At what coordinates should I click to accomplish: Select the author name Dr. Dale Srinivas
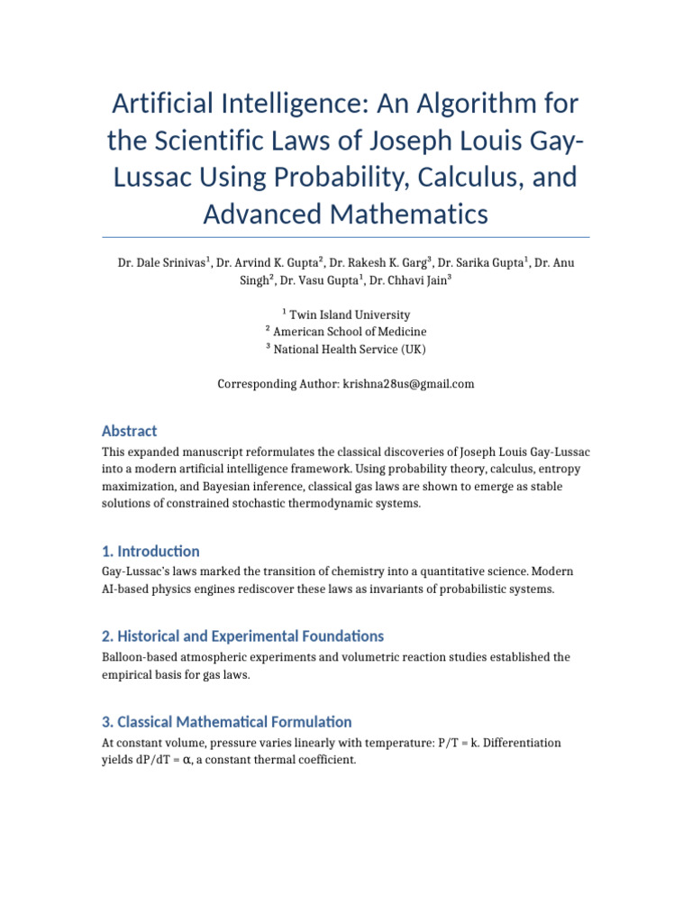tap(162, 263)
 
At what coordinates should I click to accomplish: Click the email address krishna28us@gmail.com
tap(407, 384)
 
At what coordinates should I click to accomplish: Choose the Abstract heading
tap(129, 431)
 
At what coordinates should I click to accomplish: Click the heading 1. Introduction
tap(150, 551)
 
